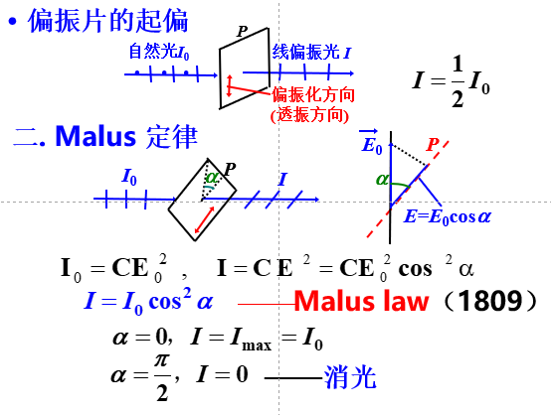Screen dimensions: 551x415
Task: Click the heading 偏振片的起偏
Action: pos(108,21)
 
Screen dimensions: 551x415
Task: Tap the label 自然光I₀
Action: pos(159,52)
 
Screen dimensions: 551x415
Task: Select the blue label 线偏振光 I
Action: pos(311,53)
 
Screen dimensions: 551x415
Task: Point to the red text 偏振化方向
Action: pos(313,94)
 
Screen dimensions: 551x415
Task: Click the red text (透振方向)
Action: pos(309,114)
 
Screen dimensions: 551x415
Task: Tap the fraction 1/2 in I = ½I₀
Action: pos(458,81)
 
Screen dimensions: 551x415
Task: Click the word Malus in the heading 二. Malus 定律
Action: pos(95,136)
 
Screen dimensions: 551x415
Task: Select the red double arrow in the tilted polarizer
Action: pos(205,220)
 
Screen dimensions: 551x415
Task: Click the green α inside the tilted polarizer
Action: pos(212,177)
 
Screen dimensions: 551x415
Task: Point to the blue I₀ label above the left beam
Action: pos(129,177)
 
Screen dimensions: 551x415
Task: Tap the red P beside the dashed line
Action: pos(433,144)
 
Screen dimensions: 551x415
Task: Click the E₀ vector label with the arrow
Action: pos(371,142)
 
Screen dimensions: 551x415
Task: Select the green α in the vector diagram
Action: pos(382,180)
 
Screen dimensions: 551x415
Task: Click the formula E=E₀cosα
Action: pos(448,216)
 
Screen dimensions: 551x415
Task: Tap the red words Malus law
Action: pos(362,301)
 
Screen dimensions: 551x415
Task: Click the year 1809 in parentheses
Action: pos(491,301)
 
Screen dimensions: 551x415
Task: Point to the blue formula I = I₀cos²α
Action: pos(148,302)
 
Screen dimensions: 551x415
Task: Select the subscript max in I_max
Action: pos(257,346)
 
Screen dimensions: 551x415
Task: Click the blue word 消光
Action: pos(350,377)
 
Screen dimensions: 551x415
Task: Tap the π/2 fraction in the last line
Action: pos(162,377)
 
